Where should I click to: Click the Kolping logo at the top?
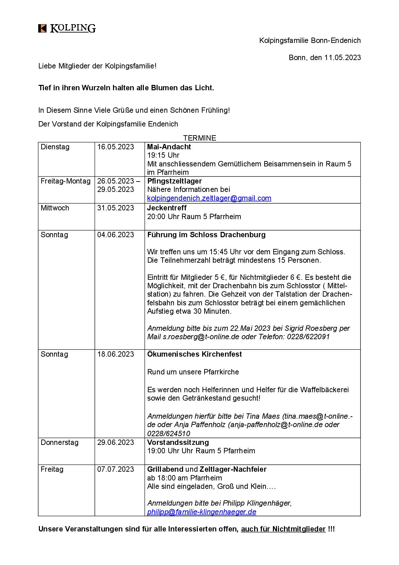[x=67, y=29]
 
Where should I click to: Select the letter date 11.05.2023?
[x=342, y=57]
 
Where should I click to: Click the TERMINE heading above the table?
[x=199, y=138]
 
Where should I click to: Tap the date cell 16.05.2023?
[x=116, y=147]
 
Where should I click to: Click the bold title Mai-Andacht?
[x=169, y=147]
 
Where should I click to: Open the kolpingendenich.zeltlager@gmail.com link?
[x=209, y=198]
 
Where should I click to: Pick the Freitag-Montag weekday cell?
[x=66, y=181]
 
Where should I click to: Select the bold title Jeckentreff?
[x=167, y=208]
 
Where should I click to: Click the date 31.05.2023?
[x=116, y=208]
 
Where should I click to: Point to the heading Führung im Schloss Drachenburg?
[x=206, y=235]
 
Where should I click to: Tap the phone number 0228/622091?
[x=308, y=337]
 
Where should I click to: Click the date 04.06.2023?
[x=116, y=235]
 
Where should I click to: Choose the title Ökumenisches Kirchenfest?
[x=194, y=354]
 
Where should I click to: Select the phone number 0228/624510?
[x=169, y=433]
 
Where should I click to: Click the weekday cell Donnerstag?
[x=60, y=443]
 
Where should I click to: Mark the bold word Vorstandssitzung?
[x=178, y=443]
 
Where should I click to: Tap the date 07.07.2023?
[x=116, y=469]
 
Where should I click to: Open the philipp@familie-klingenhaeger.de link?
[x=202, y=512]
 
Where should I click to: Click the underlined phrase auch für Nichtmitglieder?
[x=283, y=529]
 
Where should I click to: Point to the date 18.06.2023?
[x=116, y=354]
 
